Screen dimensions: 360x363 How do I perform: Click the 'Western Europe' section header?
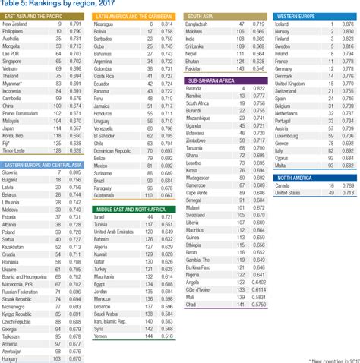click(x=298, y=16)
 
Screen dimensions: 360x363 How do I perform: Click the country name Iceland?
click(x=286, y=24)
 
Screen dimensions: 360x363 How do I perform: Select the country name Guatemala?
click(x=107, y=194)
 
